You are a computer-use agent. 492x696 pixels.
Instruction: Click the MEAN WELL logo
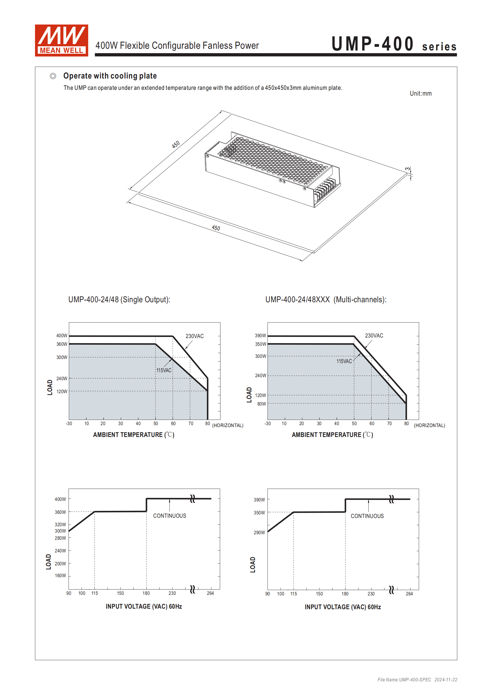pos(61,40)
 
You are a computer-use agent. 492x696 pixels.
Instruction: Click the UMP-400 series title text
pos(393,44)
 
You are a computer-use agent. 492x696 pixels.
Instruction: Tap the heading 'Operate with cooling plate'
pos(110,76)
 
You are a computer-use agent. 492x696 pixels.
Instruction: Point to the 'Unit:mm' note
pos(420,93)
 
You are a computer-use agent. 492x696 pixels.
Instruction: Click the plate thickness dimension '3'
pos(408,169)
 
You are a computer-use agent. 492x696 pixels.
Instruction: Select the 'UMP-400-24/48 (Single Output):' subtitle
pos(119,300)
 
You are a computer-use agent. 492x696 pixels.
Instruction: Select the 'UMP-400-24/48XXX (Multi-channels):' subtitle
pos(326,300)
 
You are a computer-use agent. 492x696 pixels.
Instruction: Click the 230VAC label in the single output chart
pos(194,336)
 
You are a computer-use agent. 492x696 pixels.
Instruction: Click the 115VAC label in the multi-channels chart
pos(344,361)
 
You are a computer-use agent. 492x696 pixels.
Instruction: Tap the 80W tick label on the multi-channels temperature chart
pos(261,404)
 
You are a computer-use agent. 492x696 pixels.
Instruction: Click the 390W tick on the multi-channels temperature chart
pos(260,336)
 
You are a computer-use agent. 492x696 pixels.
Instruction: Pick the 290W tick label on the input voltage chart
pos(259,533)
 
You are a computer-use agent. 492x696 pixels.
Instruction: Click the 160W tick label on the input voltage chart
pos(60,576)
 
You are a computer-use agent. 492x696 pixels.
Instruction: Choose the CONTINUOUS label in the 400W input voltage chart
pos(170,516)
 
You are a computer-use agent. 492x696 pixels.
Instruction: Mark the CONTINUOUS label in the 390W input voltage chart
pos(367,516)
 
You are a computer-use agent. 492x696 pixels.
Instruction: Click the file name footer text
pos(417,680)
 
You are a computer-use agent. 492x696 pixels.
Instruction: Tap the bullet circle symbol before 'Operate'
pos(53,76)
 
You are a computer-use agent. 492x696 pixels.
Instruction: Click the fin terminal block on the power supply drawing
pos(325,189)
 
